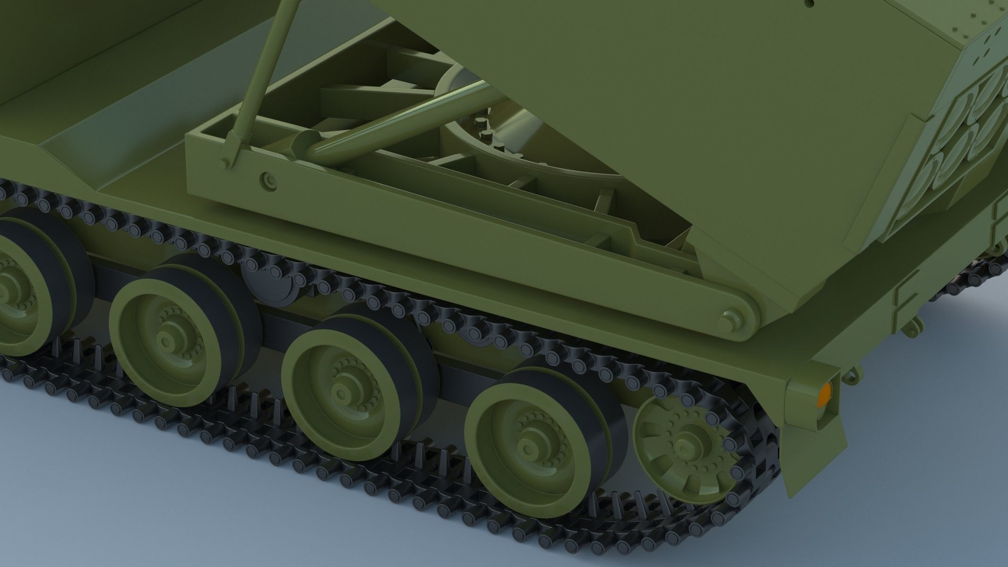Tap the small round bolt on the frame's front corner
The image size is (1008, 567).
pos(268,180)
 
